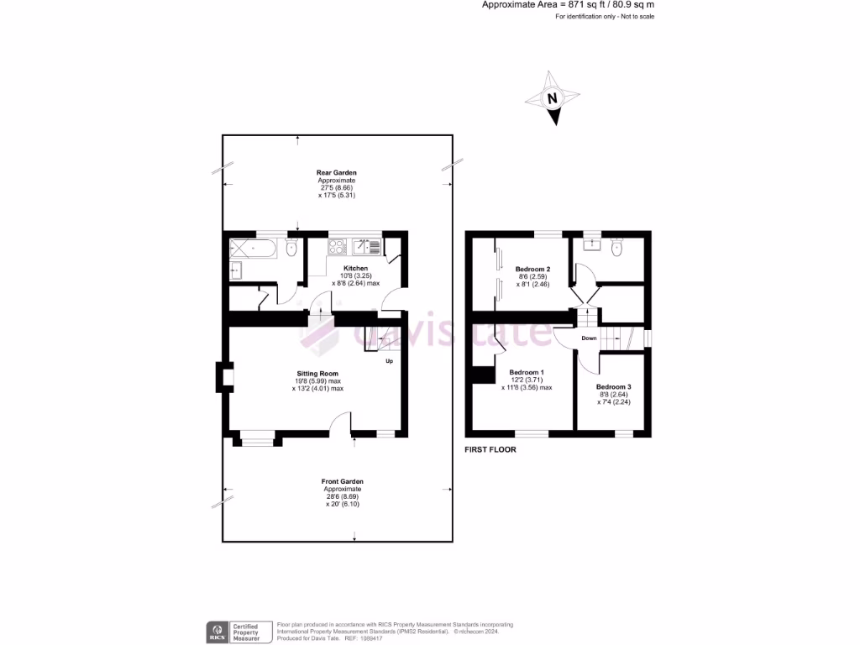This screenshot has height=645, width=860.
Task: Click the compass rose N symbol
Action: (553, 98)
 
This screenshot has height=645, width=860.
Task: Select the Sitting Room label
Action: (317, 373)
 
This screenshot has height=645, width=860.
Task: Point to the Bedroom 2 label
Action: (532, 269)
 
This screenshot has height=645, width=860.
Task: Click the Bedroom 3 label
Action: (613, 387)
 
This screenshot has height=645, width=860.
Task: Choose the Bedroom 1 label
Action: (527, 372)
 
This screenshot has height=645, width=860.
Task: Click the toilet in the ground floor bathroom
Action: (291, 247)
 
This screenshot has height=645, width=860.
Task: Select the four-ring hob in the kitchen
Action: (338, 246)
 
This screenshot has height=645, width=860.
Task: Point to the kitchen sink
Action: (366, 246)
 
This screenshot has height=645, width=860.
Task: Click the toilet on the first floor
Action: (618, 246)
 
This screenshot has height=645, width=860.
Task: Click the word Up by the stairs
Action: (389, 362)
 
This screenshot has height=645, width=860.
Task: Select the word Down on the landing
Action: (589, 338)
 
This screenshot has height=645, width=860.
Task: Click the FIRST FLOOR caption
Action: (490, 450)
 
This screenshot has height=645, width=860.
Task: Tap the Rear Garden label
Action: (337, 172)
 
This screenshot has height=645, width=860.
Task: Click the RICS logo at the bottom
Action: (219, 631)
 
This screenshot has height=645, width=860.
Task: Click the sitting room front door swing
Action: (340, 425)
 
